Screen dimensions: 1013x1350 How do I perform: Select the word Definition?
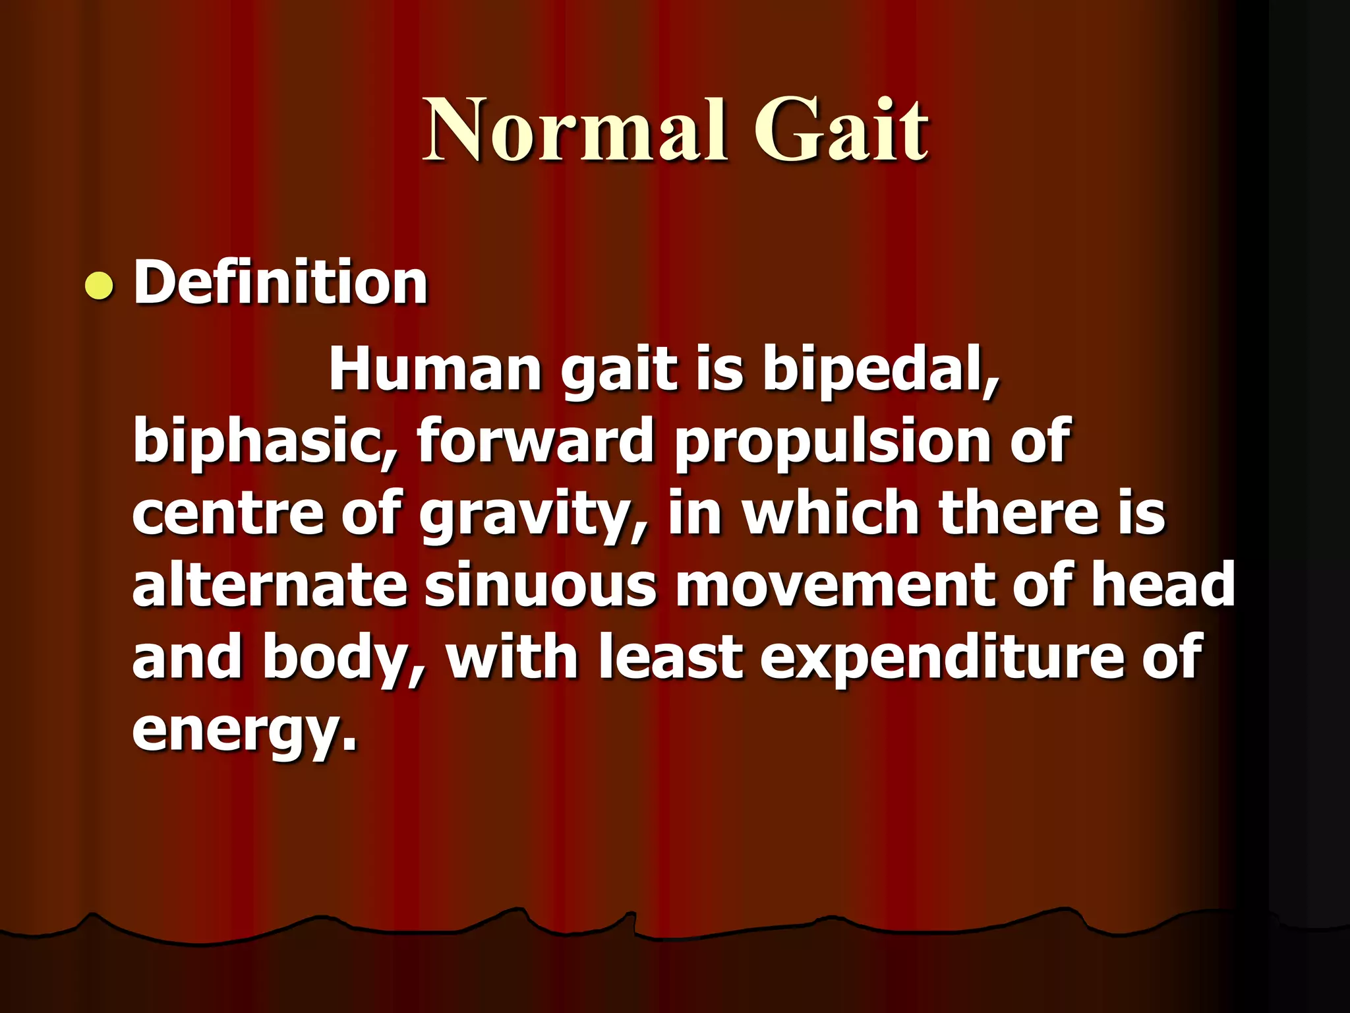click(x=281, y=283)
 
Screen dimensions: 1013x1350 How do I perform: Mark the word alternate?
click(x=270, y=585)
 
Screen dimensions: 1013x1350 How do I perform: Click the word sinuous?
click(x=540, y=586)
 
